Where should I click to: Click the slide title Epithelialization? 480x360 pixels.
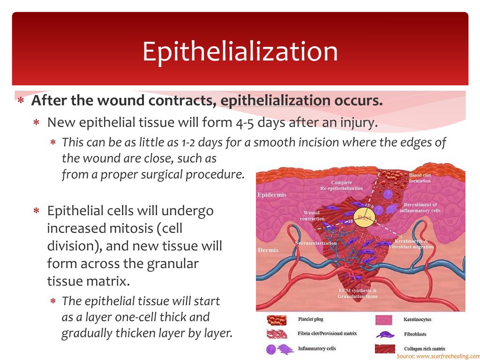[240, 52]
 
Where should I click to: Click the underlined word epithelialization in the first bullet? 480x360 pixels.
[275, 101]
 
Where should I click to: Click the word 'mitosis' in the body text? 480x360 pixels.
[128, 229]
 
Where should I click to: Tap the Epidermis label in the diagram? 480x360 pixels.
[272, 195]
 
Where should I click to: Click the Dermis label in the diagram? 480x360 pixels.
[268, 250]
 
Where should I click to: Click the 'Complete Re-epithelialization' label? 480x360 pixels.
[341, 185]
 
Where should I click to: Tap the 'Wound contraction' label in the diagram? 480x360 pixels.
[312, 216]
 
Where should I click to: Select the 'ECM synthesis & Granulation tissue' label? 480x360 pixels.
[358, 293]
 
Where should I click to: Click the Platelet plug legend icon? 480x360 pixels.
[277, 321]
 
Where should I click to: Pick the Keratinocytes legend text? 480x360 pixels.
[417, 320]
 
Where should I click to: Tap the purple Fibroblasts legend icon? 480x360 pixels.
[385, 335]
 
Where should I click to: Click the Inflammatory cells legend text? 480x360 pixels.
[317, 349]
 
